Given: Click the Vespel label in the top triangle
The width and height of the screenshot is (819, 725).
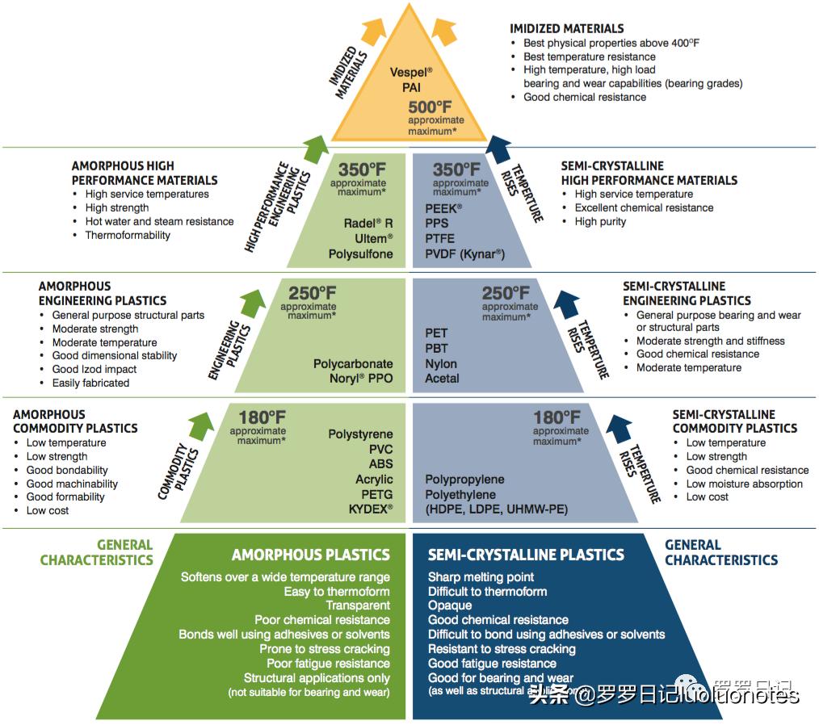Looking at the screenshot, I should click(x=410, y=72).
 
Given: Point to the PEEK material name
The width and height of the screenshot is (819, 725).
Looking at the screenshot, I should click(x=443, y=208).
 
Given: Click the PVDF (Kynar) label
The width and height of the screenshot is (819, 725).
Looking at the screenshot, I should click(x=464, y=254).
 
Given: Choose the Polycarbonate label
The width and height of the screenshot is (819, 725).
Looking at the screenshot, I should click(x=353, y=363).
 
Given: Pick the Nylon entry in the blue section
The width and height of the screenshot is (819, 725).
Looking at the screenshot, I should click(x=441, y=363).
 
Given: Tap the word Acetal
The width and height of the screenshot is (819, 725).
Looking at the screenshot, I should click(x=442, y=378).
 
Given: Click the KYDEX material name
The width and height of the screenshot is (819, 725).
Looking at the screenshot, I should click(x=371, y=509).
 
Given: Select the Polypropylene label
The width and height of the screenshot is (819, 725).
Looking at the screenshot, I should click(x=464, y=479).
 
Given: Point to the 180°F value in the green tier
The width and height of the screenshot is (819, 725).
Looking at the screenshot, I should click(x=262, y=418).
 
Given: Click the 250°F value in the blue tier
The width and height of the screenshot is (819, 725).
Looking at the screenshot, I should click(x=506, y=294).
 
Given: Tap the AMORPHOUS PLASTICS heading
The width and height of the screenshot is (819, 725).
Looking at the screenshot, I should click(x=311, y=555).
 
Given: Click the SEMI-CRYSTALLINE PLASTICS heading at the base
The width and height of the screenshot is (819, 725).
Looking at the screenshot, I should click(x=526, y=555).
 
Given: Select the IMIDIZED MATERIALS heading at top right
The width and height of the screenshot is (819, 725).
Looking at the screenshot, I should click(x=567, y=28).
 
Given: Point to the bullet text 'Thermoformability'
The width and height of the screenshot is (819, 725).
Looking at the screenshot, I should click(x=128, y=235).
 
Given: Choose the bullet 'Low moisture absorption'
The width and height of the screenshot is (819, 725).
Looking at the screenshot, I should click(x=744, y=484).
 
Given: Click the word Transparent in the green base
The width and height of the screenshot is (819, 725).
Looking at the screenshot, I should click(x=358, y=606).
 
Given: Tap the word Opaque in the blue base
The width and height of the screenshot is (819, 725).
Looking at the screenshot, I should click(x=450, y=606).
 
